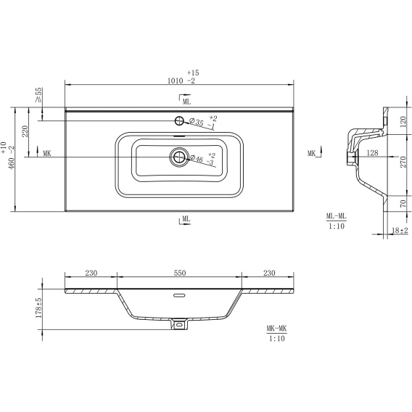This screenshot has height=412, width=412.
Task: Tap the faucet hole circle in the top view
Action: coord(179,121)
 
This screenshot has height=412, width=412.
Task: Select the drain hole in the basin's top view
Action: coord(179,157)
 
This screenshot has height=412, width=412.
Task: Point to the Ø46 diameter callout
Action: coord(202,160)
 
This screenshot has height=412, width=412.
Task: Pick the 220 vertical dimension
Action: coord(25,131)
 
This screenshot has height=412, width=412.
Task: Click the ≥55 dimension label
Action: coord(38,94)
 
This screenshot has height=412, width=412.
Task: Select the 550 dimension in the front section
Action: coord(180,273)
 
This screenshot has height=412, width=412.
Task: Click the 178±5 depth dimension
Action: coord(38,308)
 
